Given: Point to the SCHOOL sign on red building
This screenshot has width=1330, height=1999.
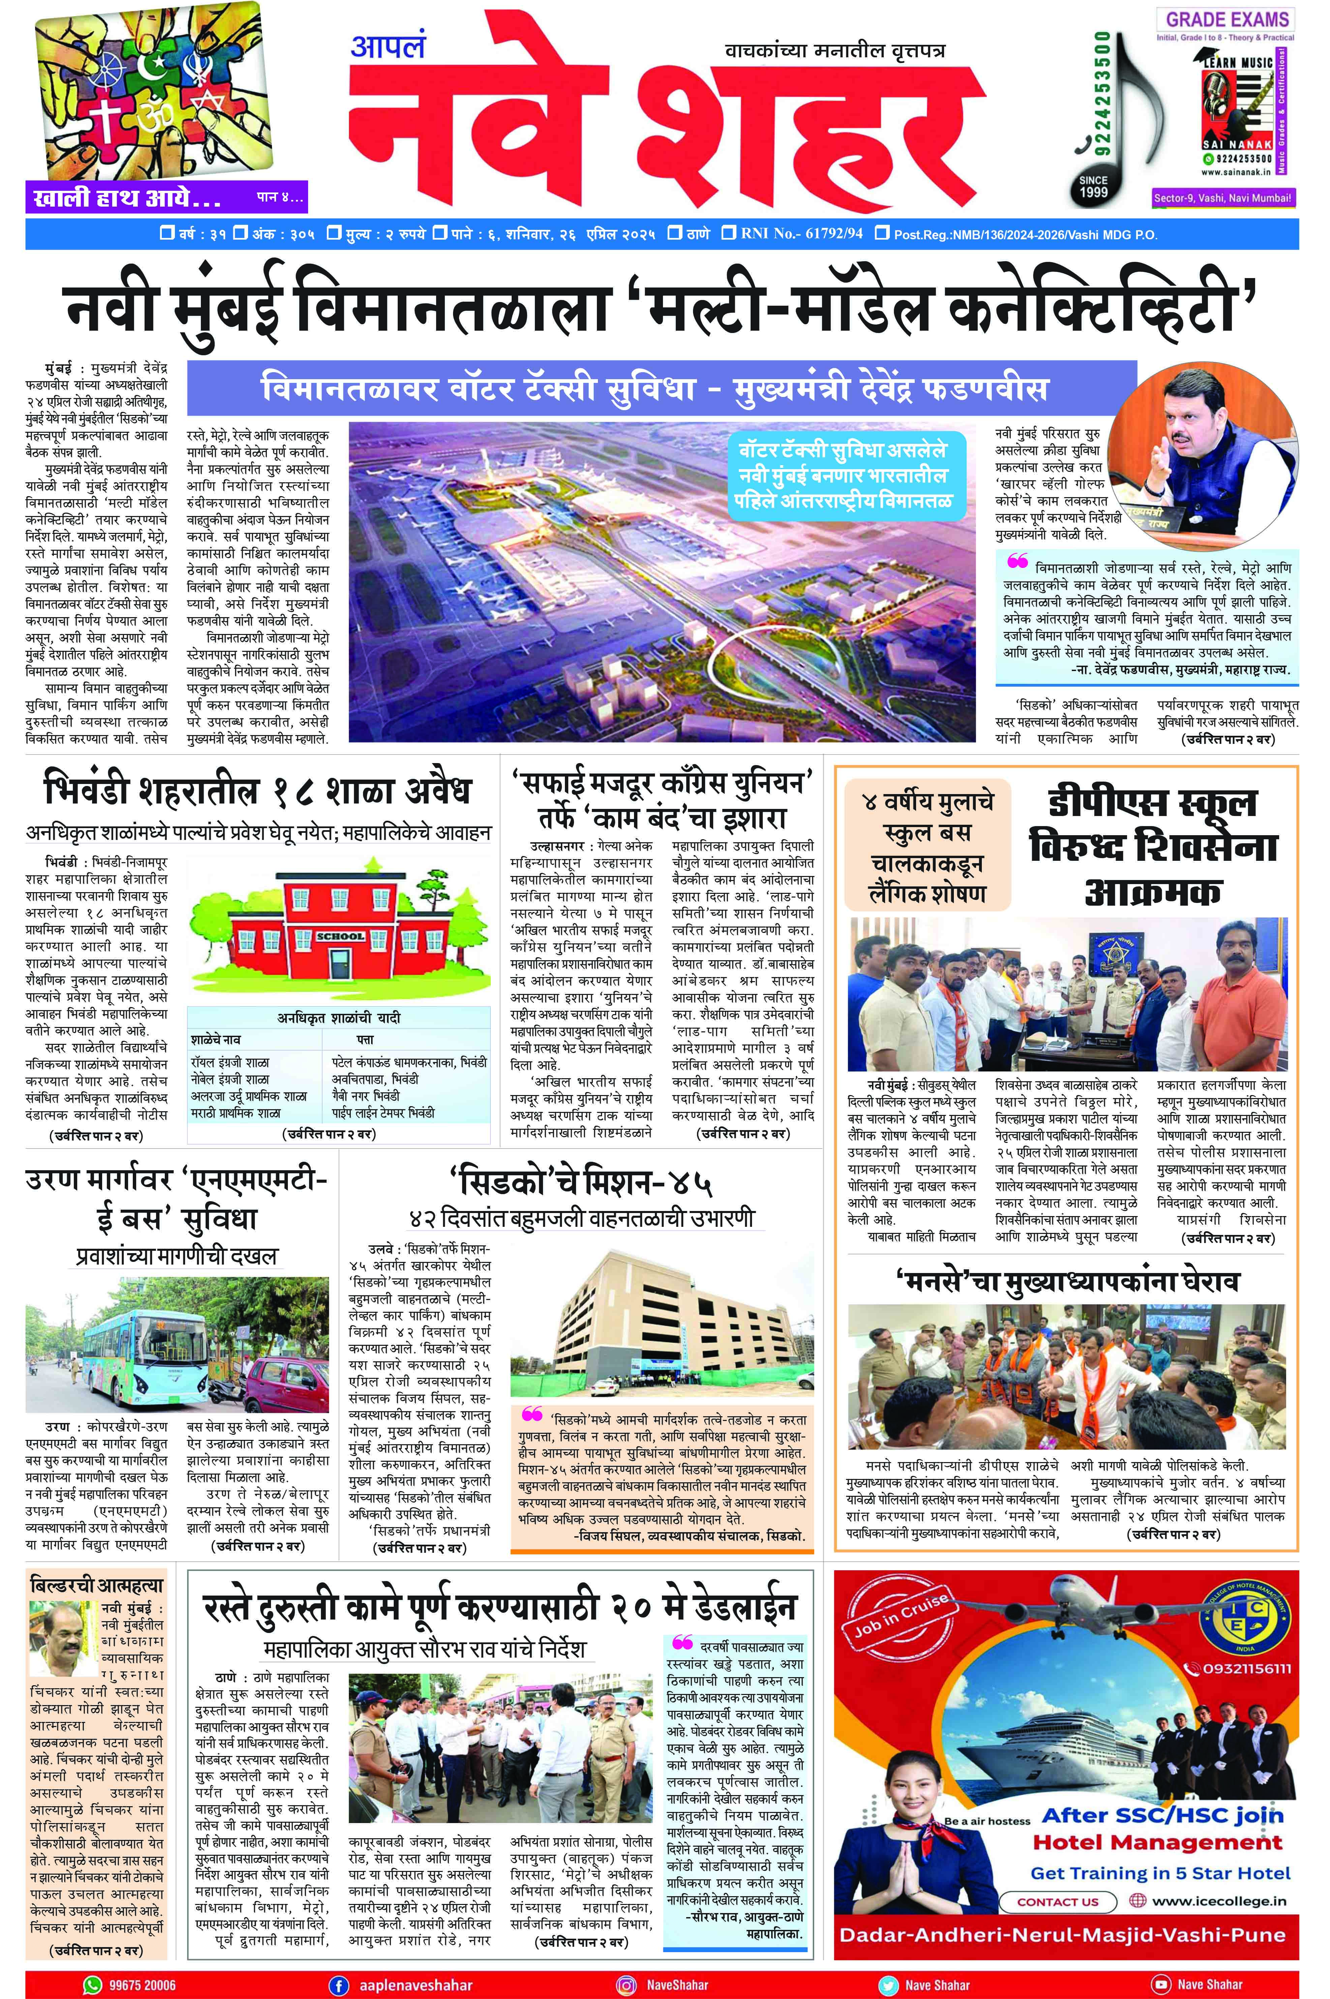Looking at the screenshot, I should click(x=340, y=936).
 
